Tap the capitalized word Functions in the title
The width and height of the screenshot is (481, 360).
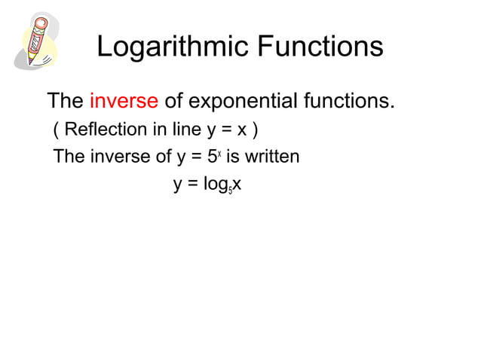320,47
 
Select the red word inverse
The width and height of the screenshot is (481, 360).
124,100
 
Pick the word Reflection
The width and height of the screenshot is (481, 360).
106,130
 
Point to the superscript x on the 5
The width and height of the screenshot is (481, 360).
219,153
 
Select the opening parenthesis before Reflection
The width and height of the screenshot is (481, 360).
57,130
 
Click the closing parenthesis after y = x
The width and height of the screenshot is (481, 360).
256,130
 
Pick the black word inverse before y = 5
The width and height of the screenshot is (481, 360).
114,157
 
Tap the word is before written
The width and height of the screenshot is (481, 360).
232,157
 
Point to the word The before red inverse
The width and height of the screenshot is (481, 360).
66,100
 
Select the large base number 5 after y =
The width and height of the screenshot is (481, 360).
212,157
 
